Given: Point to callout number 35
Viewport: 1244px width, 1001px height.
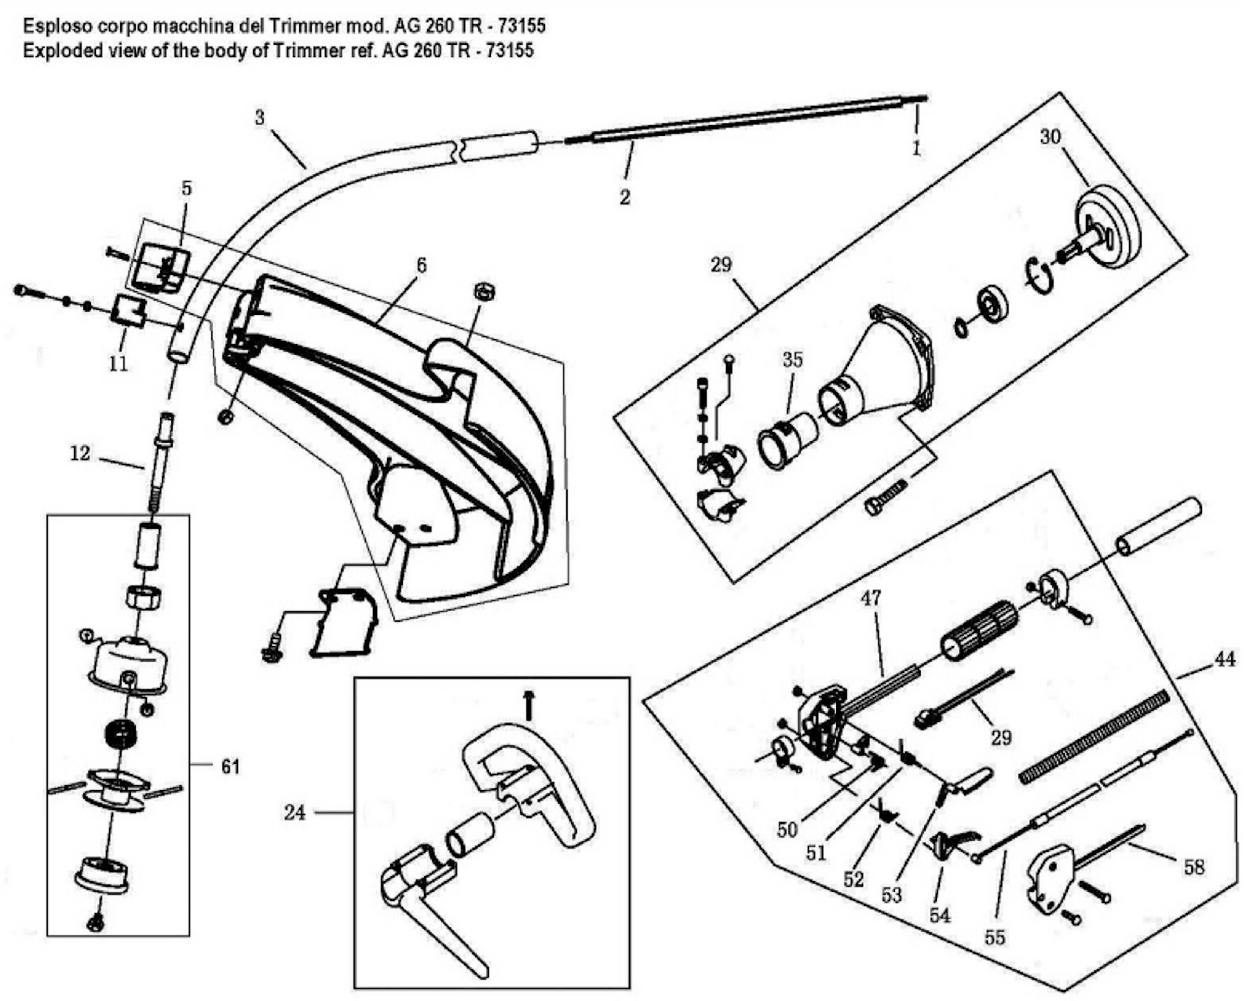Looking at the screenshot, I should pos(792,360).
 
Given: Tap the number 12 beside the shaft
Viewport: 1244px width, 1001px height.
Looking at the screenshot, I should pos(80,454).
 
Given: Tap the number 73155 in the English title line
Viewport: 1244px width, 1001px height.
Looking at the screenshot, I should pos(509,51).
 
